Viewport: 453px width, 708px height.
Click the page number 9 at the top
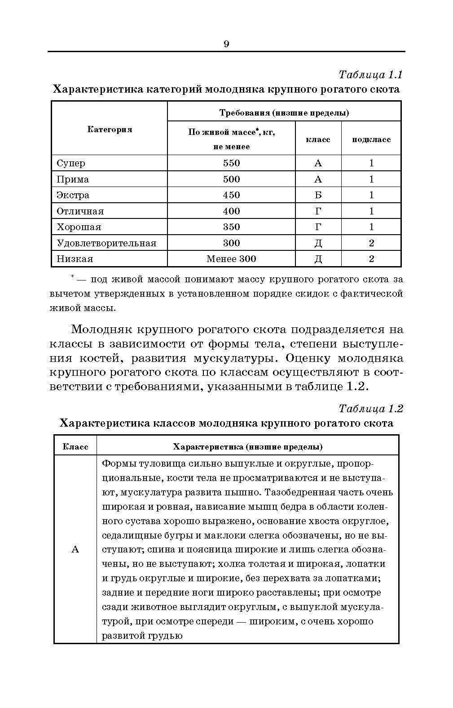(226, 44)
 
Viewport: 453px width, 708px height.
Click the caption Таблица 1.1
(370, 74)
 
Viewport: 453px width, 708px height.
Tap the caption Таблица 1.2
(370, 409)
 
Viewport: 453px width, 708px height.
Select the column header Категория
(110, 129)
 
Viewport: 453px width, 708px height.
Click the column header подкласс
(371, 139)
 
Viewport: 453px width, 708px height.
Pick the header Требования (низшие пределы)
(284, 112)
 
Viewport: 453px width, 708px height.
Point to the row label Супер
(71, 163)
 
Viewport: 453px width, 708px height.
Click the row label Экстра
(73, 195)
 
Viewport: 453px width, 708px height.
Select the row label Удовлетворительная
(106, 243)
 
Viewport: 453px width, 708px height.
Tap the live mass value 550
(231, 163)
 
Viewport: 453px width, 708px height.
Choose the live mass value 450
(231, 195)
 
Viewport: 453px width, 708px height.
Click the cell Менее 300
(231, 259)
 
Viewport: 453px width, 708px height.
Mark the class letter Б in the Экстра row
(318, 195)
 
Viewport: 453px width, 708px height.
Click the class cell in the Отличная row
(318, 211)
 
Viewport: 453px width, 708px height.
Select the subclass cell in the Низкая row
(371, 259)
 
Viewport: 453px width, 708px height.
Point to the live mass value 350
(231, 227)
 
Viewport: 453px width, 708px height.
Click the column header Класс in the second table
(75, 447)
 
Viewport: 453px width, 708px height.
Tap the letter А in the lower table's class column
(75, 549)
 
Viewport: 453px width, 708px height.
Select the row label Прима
(73, 179)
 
